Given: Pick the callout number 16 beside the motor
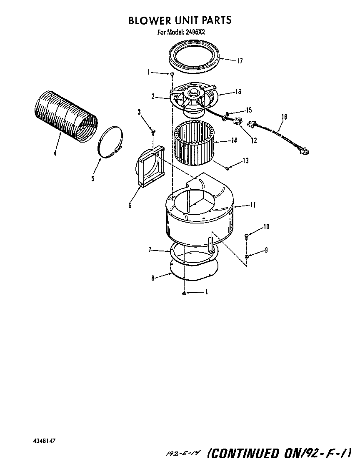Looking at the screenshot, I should click(238, 92).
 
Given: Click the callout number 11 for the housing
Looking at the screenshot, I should click(252, 205).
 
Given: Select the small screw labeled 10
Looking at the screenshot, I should click(247, 237).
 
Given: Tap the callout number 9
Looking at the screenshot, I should click(266, 250).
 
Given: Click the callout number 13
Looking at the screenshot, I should click(245, 161).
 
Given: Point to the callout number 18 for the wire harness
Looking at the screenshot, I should click(284, 118).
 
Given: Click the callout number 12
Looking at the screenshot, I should click(254, 140).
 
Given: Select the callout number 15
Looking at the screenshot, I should click(249, 110).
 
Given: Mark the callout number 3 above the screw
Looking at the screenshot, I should click(140, 112).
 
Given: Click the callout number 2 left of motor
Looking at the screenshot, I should click(153, 96).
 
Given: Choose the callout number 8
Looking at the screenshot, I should click(153, 278).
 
